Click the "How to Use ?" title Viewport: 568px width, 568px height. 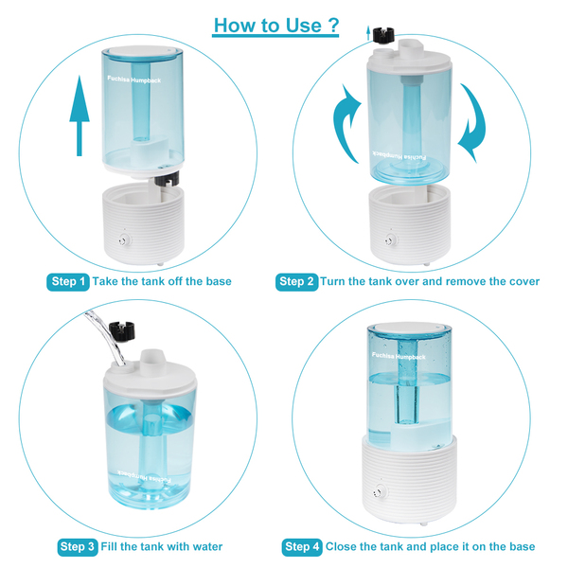pos(276,26)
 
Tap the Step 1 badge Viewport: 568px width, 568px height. pos(68,282)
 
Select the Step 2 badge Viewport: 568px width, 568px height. pos(296,282)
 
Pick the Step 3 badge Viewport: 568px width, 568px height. pos(78,547)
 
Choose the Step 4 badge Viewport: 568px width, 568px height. pos(302,547)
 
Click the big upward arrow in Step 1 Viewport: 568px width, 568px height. pos(80,115)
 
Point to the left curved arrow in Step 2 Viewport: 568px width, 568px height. pos(346,123)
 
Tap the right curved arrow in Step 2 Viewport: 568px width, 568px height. pos(472,123)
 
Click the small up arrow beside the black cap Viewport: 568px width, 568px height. pos(368,32)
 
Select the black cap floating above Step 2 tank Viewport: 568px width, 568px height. pos(384,34)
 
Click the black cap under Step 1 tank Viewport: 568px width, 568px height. pos(167,178)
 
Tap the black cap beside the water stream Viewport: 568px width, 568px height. pos(122,331)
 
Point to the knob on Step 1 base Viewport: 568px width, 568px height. pos(124,240)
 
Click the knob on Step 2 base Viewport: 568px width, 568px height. pos(390,240)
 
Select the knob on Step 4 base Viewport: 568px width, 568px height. pos(379,492)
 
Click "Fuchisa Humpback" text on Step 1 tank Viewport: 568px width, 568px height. pos(134,80)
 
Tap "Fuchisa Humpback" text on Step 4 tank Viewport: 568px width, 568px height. pos(399,356)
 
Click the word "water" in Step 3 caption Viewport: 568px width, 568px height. pos(205,546)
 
